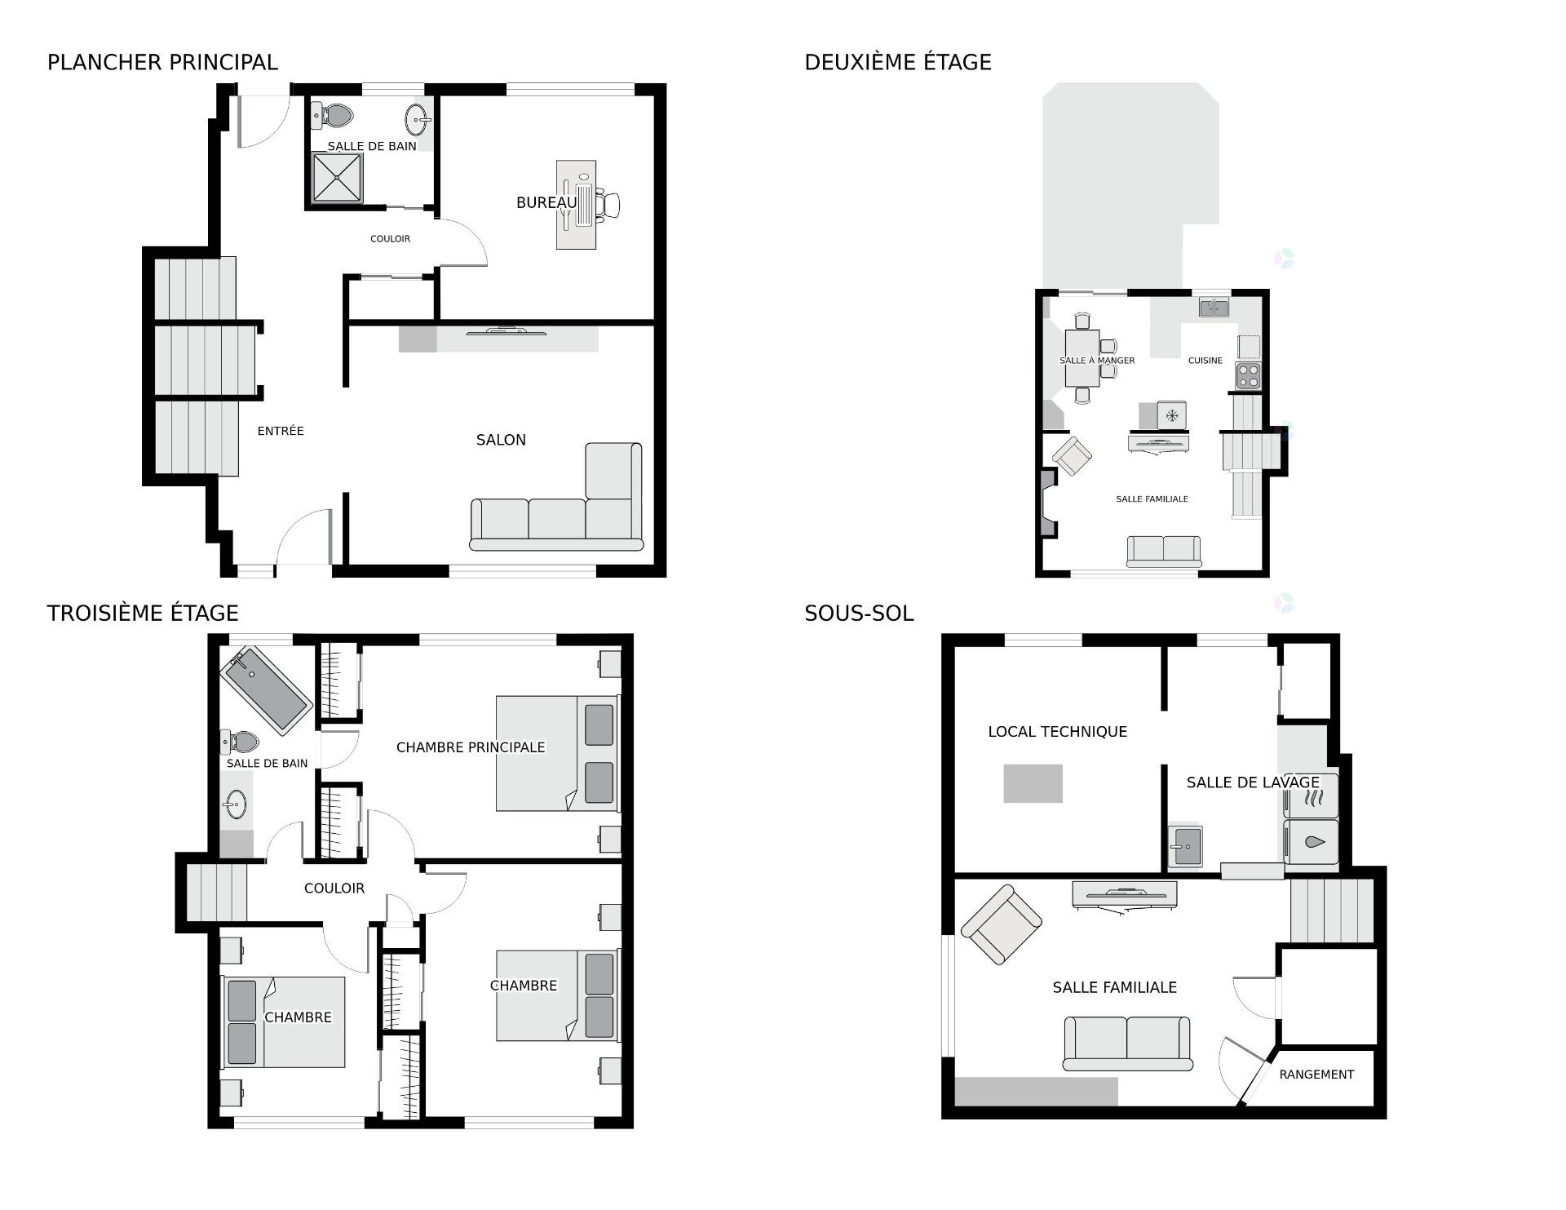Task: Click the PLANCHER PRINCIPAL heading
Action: [x=162, y=62]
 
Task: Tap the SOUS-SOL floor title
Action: [x=859, y=614]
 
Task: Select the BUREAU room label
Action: [x=546, y=202]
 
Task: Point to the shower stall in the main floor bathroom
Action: [x=338, y=178]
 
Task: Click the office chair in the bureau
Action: [x=608, y=204]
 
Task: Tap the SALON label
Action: [x=501, y=440]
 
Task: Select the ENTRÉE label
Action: [x=281, y=431]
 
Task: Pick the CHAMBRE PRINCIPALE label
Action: [x=471, y=747]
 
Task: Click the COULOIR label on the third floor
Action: [x=334, y=888]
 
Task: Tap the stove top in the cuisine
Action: [x=1248, y=376]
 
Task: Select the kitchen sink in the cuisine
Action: [x=1214, y=308]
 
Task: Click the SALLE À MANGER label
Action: [x=1097, y=361]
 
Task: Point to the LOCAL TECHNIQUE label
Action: [x=1058, y=732]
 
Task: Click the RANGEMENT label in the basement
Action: [x=1316, y=1075]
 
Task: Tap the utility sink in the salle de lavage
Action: [x=1185, y=847]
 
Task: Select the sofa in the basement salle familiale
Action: [x=1127, y=1044]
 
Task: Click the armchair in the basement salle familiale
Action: [x=1001, y=924]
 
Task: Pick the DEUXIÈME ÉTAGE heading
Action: [x=898, y=62]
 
